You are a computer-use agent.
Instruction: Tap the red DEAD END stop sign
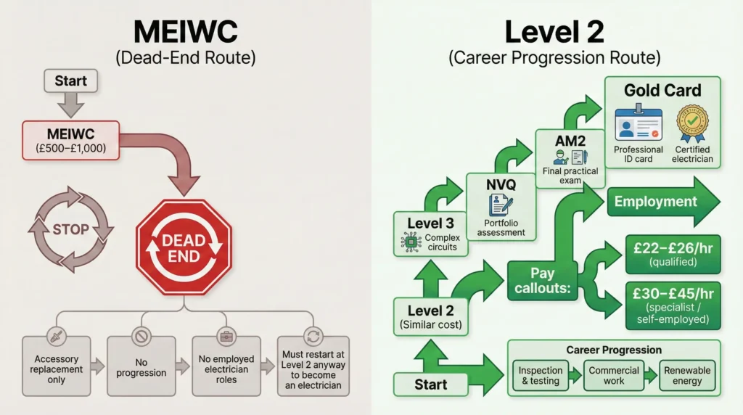pyautogui.click(x=184, y=248)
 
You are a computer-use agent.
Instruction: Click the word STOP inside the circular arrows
pyautogui.click(x=70, y=230)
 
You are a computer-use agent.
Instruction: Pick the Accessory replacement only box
pyautogui.click(x=56, y=366)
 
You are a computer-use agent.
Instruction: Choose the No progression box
pyautogui.click(x=141, y=366)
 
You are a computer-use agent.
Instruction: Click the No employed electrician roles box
pyautogui.click(x=226, y=366)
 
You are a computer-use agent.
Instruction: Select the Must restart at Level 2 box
pyautogui.click(x=313, y=366)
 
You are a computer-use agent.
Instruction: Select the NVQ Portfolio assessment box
pyautogui.click(x=501, y=207)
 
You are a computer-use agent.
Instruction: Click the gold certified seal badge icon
pyautogui.click(x=692, y=125)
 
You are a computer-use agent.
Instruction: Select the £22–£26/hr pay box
pyautogui.click(x=673, y=254)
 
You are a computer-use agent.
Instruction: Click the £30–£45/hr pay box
pyautogui.click(x=673, y=305)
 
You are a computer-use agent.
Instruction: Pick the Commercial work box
pyautogui.click(x=614, y=374)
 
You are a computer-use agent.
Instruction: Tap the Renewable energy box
pyautogui.click(x=687, y=374)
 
